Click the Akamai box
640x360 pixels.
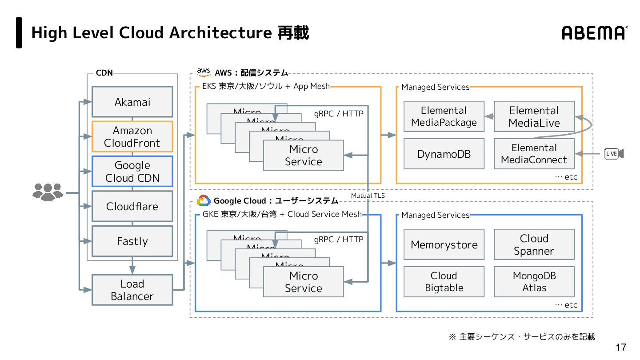coord(132,102)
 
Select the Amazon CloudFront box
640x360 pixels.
coord(132,136)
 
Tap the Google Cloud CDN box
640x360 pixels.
coord(132,172)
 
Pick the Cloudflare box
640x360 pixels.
coord(132,206)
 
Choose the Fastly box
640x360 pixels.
coord(132,241)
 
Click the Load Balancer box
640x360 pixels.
coord(132,290)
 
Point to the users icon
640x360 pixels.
coord(48,192)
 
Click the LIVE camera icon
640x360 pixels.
coord(614,154)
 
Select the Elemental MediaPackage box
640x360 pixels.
coord(444,116)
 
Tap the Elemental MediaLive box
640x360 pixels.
coord(534,116)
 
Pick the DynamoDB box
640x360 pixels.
coord(444,154)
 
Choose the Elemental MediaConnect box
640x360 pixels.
coord(534,154)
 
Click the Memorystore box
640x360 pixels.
coord(444,244)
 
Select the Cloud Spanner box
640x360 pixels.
coord(534,244)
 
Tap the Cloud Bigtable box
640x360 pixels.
coord(444,282)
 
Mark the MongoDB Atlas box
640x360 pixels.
coord(534,282)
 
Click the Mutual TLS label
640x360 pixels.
coord(368,195)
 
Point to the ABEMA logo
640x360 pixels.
coord(594,33)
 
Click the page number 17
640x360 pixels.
coord(621,348)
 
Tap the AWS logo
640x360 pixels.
coord(204,72)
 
